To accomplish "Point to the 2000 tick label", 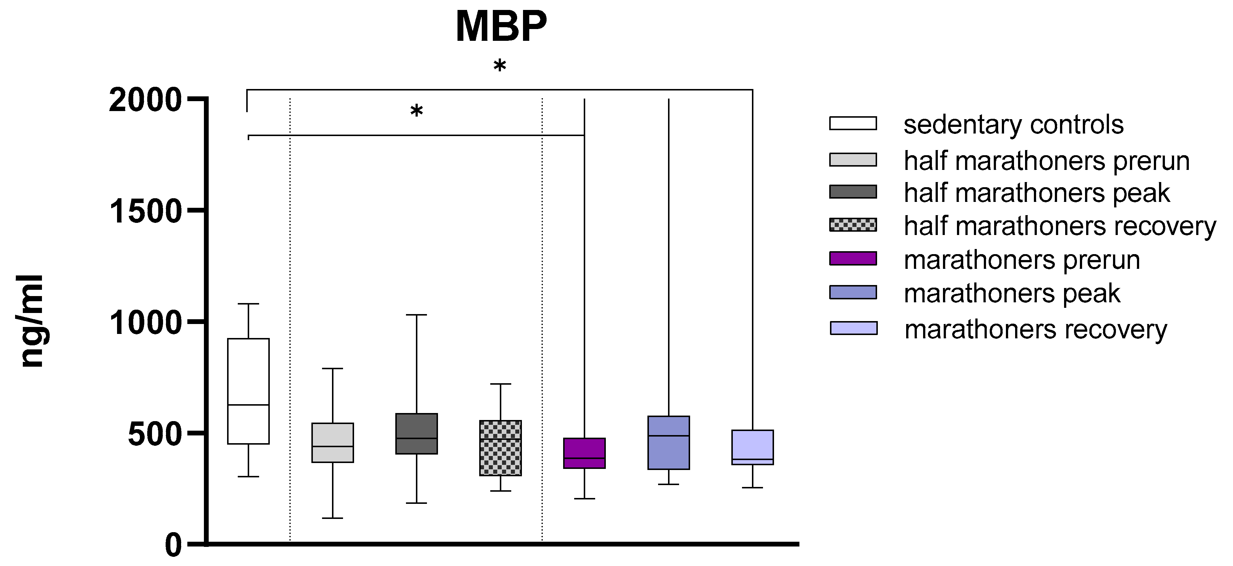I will pyautogui.click(x=145, y=101).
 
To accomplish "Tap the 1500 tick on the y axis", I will pyautogui.click(x=145, y=212).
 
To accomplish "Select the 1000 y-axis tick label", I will pyautogui.click(x=145, y=323).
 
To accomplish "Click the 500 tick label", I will pyautogui.click(x=155, y=434).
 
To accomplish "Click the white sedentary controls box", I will pyautogui.click(x=248, y=391).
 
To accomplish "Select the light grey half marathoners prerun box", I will pyautogui.click(x=332, y=442).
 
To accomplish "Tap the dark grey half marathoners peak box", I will pyautogui.click(x=416, y=434).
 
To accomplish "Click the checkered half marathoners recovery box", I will pyautogui.click(x=500, y=448).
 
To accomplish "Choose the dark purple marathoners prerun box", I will pyautogui.click(x=584, y=453).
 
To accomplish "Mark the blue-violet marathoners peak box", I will pyautogui.click(x=669, y=442).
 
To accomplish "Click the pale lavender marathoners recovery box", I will pyautogui.click(x=752, y=447).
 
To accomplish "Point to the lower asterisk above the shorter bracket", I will pyautogui.click(x=416, y=111).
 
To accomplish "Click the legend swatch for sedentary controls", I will pyautogui.click(x=853, y=124).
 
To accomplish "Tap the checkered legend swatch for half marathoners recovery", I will pyautogui.click(x=853, y=224).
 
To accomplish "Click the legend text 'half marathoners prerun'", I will pyautogui.click(x=1046, y=161).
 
